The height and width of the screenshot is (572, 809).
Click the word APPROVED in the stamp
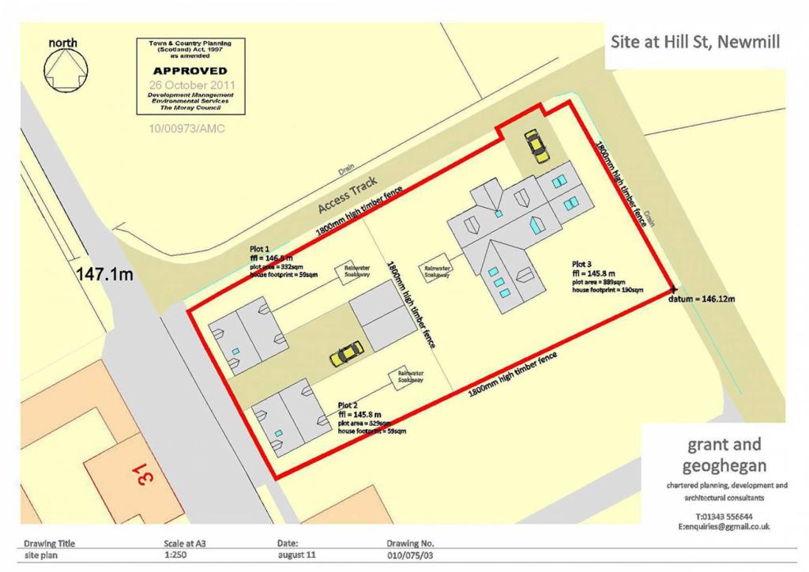[190, 70]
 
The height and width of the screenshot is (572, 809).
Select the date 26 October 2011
[190, 83]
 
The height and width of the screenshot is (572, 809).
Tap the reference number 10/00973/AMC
[186, 129]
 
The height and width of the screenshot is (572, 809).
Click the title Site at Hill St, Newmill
[695, 42]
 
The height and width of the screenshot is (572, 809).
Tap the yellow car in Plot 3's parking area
[536, 145]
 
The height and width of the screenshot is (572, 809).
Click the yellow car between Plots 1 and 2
[346, 354]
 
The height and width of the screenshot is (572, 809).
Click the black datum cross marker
[672, 288]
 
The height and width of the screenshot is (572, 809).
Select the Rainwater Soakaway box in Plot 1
[352, 271]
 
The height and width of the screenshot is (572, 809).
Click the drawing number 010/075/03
[410, 555]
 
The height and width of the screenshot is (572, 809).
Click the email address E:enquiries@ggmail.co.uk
[724, 526]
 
